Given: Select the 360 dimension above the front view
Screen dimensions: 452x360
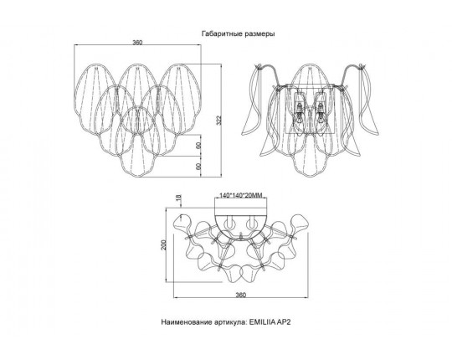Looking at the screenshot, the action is click(137, 43).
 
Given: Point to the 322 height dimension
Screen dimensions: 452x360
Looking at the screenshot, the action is click(218, 121).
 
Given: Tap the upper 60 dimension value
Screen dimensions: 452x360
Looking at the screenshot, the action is click(198, 146).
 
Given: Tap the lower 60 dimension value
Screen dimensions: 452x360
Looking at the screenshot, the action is click(198, 167).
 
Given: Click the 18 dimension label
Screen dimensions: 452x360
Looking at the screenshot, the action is click(179, 198).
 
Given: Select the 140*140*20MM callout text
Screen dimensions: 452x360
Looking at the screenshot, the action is click(241, 196).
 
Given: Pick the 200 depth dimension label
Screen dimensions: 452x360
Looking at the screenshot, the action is click(163, 244).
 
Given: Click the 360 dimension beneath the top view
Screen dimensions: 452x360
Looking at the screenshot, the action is click(241, 296).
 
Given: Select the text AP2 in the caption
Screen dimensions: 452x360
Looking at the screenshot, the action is click(284, 322).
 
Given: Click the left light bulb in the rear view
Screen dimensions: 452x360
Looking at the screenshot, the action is click(300, 115).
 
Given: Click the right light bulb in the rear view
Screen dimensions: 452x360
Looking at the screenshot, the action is click(321, 115).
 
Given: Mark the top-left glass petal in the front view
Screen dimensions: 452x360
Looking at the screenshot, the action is click(95, 100).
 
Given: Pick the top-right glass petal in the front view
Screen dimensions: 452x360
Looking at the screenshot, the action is click(179, 100).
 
